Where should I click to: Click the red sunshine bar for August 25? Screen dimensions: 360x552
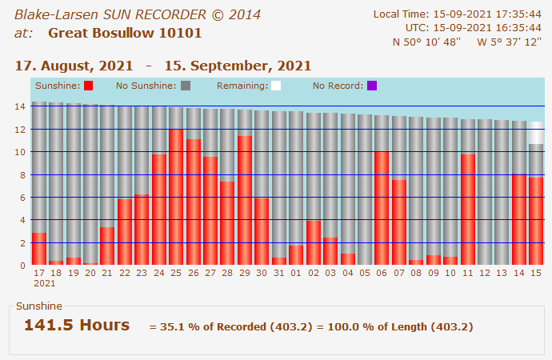[176, 197]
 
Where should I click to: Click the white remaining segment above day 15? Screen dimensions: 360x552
[536, 133]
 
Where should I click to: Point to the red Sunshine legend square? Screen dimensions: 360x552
[88, 86]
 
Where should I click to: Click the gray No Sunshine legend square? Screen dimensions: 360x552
[186, 86]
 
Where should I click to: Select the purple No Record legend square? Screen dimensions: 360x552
[372, 86]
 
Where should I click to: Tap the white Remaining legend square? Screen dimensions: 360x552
[276, 86]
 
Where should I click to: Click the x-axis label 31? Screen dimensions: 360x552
[279, 273]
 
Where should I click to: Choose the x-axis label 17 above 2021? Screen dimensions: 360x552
[39, 273]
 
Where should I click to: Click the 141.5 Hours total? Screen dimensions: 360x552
[76, 325]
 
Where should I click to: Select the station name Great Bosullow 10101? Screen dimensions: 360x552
[125, 33]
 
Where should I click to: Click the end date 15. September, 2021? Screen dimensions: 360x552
[238, 66]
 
